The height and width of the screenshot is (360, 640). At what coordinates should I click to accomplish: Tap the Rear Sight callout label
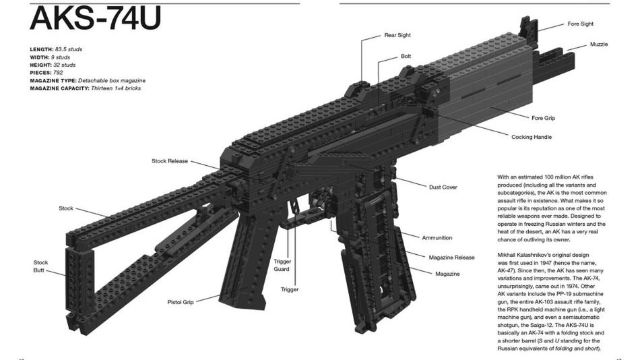click(397, 35)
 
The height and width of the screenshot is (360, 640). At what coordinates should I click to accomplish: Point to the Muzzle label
click(599, 44)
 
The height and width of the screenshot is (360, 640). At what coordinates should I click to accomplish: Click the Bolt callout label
click(406, 57)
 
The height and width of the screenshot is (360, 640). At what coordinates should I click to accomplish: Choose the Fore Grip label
click(543, 118)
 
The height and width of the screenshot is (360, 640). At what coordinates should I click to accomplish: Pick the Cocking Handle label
click(532, 137)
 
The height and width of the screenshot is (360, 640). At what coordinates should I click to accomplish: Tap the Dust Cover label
click(443, 187)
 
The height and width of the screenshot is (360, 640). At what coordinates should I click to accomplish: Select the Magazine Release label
click(452, 257)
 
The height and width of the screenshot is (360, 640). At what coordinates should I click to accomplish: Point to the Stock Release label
click(170, 161)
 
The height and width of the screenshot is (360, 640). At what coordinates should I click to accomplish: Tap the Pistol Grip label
click(180, 302)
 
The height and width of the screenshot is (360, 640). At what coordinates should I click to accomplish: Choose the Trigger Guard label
click(282, 265)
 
